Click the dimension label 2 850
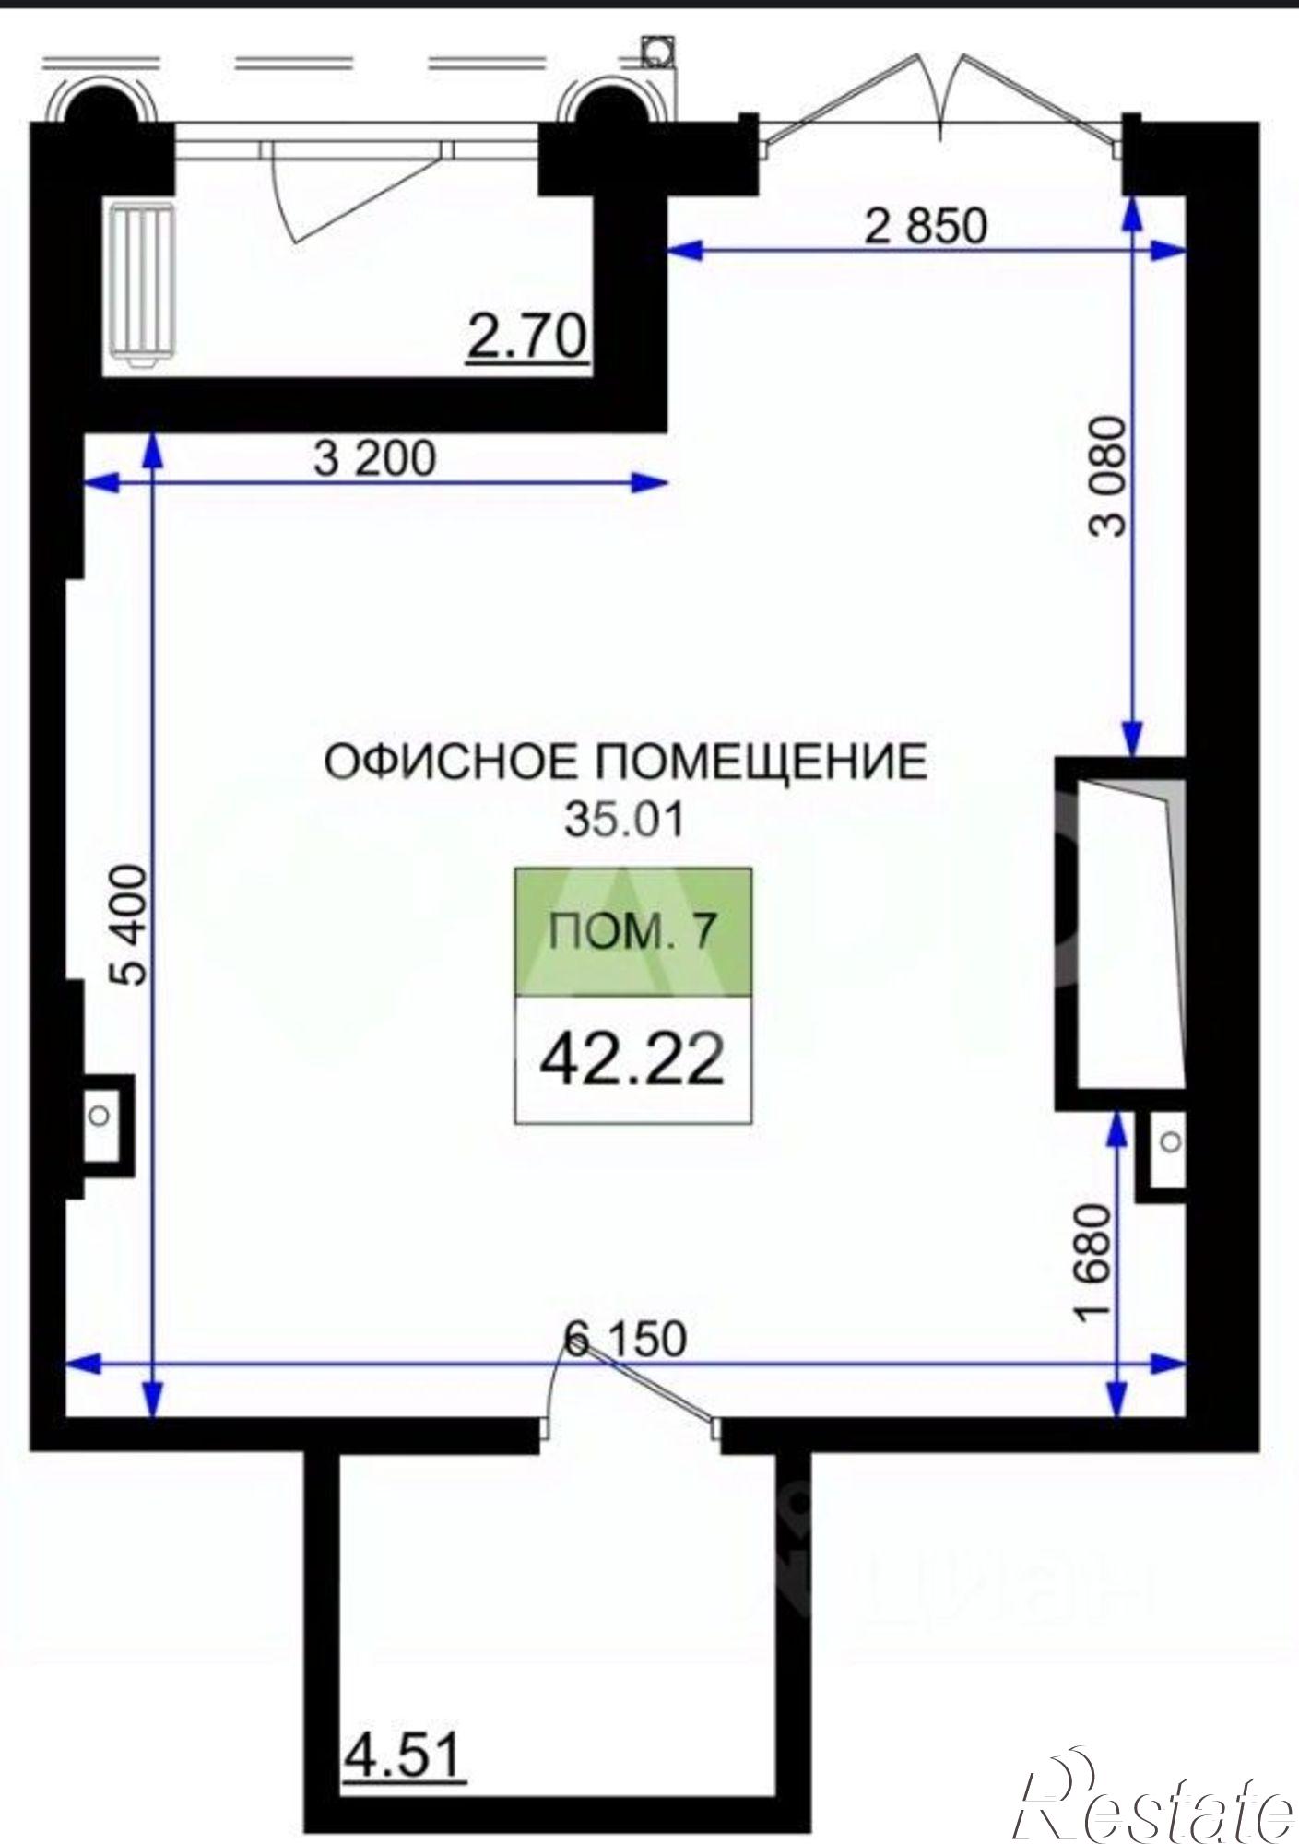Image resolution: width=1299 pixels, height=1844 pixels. [x=925, y=226]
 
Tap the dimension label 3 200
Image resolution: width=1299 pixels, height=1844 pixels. [x=374, y=458]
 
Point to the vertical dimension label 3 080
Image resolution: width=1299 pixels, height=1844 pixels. [x=1107, y=476]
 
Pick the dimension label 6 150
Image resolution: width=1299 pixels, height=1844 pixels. [x=626, y=1338]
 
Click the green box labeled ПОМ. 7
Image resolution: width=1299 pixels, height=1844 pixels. [x=632, y=932]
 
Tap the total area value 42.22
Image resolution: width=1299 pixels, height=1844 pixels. [x=632, y=1060]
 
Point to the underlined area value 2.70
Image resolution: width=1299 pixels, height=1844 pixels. [x=527, y=337]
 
